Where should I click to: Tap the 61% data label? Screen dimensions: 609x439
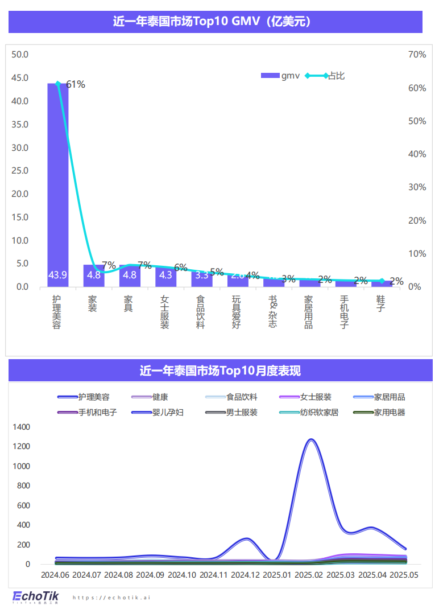76,85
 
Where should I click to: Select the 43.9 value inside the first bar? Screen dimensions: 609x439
57,275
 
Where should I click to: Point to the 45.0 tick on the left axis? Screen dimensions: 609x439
20,78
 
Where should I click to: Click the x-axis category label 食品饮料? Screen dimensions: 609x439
200,312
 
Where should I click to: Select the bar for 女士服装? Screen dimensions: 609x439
165,277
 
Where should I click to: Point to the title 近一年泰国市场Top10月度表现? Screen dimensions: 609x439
219,371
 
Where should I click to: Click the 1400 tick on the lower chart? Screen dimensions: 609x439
20,427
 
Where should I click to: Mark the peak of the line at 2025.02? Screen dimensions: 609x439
310,440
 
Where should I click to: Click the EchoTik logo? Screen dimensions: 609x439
35,596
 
